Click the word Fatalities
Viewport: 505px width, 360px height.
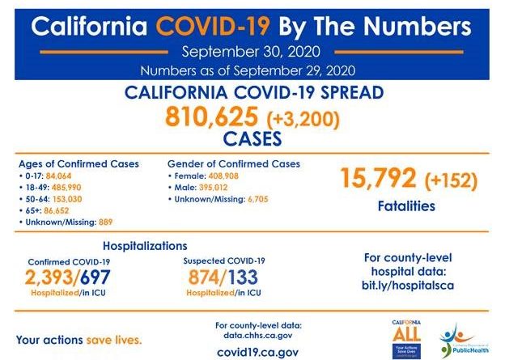(406, 206)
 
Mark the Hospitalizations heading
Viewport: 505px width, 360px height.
(146, 245)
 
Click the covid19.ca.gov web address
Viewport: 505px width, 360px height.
(257, 352)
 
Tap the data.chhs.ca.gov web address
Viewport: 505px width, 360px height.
(257, 334)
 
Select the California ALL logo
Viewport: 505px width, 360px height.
(406, 335)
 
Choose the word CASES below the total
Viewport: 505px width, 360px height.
(253, 139)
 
